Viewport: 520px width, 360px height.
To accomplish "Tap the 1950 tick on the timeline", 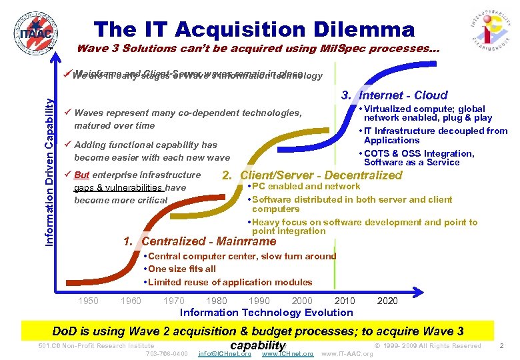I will coord(88,301).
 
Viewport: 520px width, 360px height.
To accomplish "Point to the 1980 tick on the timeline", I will coord(216,301).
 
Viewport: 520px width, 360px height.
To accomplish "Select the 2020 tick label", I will coord(387,301).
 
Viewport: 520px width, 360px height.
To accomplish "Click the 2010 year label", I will coord(345,301).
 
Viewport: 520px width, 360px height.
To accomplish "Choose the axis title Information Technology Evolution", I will coord(267,313).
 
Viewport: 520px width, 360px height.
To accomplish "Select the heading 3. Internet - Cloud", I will coord(394,95).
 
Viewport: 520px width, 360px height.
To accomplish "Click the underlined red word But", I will coord(81,175).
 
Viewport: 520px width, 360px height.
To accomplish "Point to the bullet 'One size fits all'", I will coord(182,269).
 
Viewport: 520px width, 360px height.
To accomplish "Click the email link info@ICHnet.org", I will coord(225,353).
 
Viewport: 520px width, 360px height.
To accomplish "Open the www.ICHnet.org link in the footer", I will coord(287,353).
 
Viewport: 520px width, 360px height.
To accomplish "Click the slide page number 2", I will coord(501,346).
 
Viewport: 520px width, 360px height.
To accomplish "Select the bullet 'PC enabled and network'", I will coord(306,187).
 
